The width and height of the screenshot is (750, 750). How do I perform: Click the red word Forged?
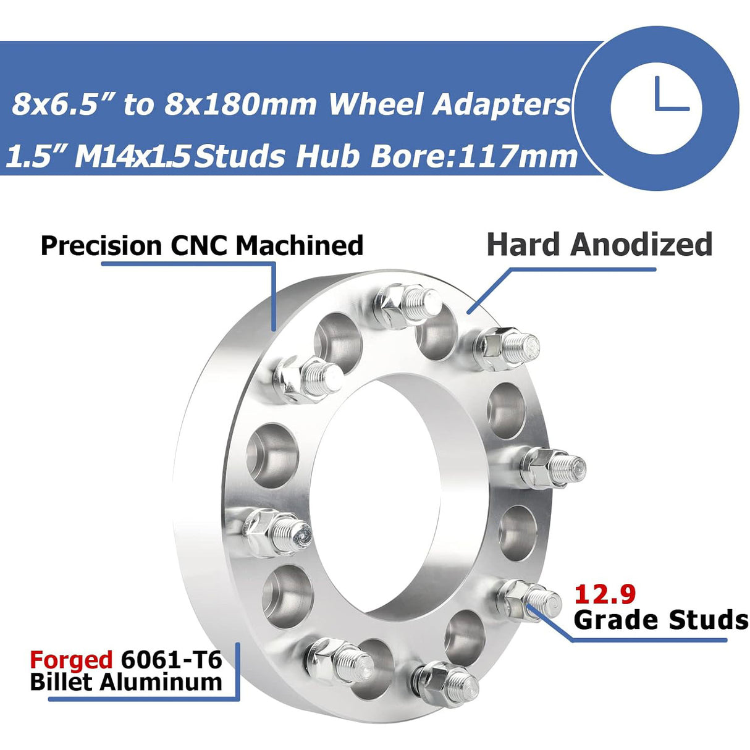click(x=71, y=660)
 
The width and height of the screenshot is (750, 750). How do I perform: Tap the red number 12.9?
click(x=605, y=594)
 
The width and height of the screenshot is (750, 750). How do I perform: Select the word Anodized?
click(x=641, y=245)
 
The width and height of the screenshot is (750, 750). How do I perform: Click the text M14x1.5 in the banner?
click(x=132, y=156)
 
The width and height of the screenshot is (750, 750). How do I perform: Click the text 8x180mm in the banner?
click(x=241, y=104)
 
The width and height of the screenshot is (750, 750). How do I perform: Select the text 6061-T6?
click(x=171, y=660)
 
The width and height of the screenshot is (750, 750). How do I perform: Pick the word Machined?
click(x=300, y=245)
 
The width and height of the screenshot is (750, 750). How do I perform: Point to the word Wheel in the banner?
click(x=377, y=104)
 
